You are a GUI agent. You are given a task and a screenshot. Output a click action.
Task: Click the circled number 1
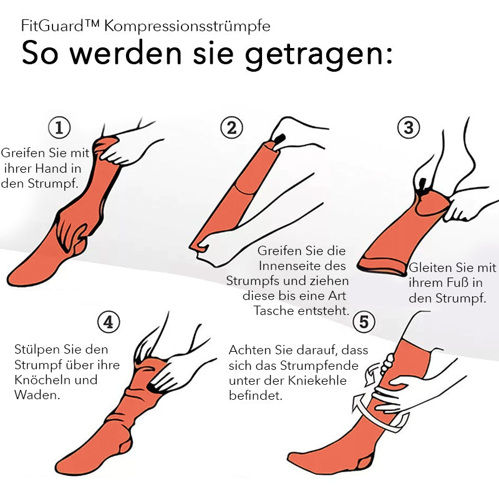coord(59,128)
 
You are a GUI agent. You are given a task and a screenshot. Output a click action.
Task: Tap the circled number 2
coord(231,128)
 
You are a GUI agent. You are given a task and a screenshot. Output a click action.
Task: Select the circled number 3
coord(409,128)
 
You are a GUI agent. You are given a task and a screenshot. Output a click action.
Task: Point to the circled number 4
coord(109,322)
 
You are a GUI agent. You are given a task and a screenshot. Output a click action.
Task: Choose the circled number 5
coord(364,322)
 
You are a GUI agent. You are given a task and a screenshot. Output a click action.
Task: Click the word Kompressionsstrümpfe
coord(188,27)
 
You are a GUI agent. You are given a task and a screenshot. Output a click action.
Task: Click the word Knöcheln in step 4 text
coord(42,380)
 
